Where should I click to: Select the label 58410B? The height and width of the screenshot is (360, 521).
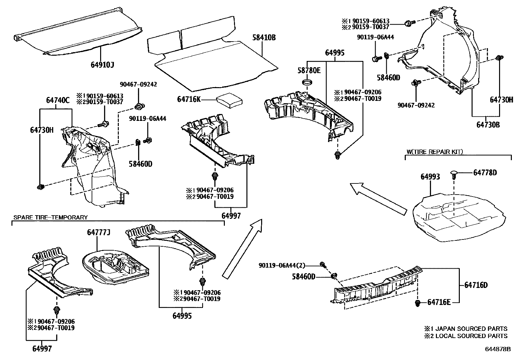(x=264, y=38)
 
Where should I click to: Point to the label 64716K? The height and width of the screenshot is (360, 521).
(x=189, y=99)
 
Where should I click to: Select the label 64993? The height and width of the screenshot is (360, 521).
(x=430, y=177)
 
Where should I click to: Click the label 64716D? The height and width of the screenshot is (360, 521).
(x=476, y=285)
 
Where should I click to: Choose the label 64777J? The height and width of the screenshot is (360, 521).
(x=98, y=233)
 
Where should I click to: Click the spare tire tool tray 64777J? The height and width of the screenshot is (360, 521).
(x=115, y=265)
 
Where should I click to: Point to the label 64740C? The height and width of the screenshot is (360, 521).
(x=58, y=101)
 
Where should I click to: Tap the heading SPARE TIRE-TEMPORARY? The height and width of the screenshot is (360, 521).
(x=50, y=217)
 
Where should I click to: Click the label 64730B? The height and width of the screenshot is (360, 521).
(x=485, y=125)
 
